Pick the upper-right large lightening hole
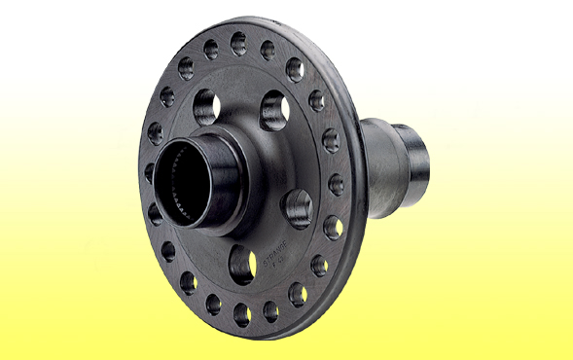point(273,111)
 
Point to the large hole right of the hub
point(297,207)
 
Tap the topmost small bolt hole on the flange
point(238,43)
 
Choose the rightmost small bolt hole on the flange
point(336,184)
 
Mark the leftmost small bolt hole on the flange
point(150,173)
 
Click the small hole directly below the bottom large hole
point(241,313)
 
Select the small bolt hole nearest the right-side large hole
point(332,227)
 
